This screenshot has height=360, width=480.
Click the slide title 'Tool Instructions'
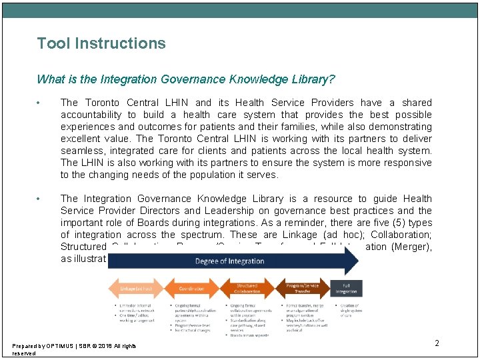click(x=101, y=44)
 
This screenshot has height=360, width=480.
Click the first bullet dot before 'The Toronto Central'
click(x=40, y=103)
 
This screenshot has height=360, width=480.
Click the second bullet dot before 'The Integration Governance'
click(x=40, y=199)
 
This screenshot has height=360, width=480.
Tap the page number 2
click(x=437, y=343)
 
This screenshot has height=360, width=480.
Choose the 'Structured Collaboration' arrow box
click(x=247, y=288)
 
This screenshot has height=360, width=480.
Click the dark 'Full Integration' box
click(x=347, y=288)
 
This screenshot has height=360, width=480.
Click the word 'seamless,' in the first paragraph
click(x=80, y=151)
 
